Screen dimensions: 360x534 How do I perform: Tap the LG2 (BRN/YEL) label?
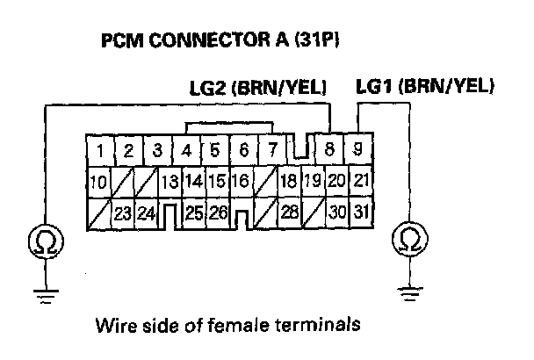click(x=258, y=88)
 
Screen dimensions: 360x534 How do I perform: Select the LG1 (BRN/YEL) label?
click(x=426, y=87)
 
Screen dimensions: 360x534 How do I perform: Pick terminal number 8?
click(x=329, y=150)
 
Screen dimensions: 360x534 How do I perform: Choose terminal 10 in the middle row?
click(x=99, y=182)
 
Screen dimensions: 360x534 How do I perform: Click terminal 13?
click(x=170, y=182)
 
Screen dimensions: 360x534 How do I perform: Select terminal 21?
click(x=359, y=182)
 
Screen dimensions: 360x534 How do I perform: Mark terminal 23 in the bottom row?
click(x=123, y=212)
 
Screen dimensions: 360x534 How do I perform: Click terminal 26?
click(x=219, y=212)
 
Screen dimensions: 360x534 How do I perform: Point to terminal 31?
click(x=359, y=212)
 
